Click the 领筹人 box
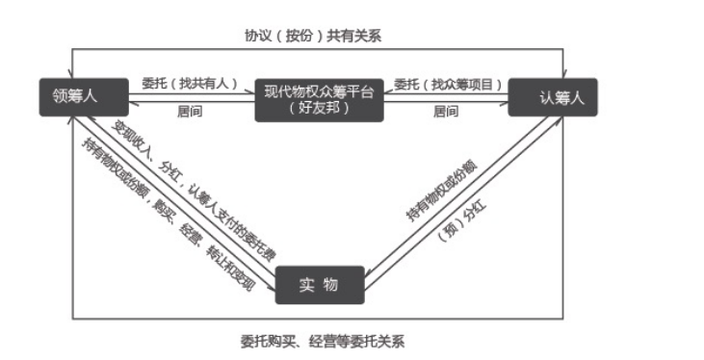coord(82,95)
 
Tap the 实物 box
coord(318,285)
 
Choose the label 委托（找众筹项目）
coord(448,83)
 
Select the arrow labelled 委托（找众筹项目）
coord(448,93)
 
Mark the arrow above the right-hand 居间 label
coord(448,101)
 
